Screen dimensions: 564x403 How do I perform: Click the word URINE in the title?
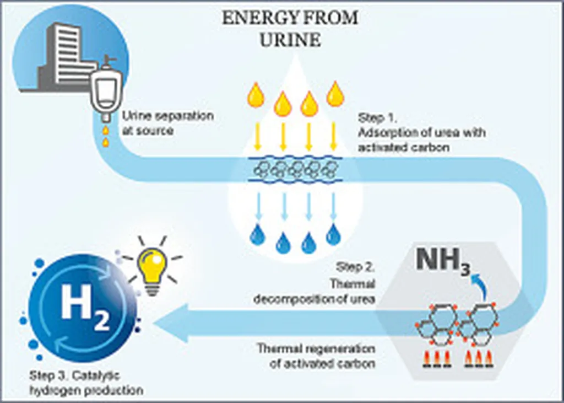pos(290,39)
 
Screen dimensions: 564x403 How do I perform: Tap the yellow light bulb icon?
pos(153,268)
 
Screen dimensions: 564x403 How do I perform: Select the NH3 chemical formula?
pos(443,261)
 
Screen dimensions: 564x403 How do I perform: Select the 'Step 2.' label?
pos(355,267)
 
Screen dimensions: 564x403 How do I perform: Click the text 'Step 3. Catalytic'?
pos(74,376)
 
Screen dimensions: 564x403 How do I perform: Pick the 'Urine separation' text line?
pos(168,116)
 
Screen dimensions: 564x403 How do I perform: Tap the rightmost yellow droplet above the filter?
pos(335,94)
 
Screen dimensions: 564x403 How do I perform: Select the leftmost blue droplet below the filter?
pos(258,234)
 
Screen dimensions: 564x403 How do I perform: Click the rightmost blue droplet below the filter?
pos(333,234)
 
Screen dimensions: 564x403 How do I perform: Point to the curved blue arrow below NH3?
pos(480,284)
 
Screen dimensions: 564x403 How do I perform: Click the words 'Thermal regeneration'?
pos(316,348)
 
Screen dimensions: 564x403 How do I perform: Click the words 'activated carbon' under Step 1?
pos(404,148)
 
